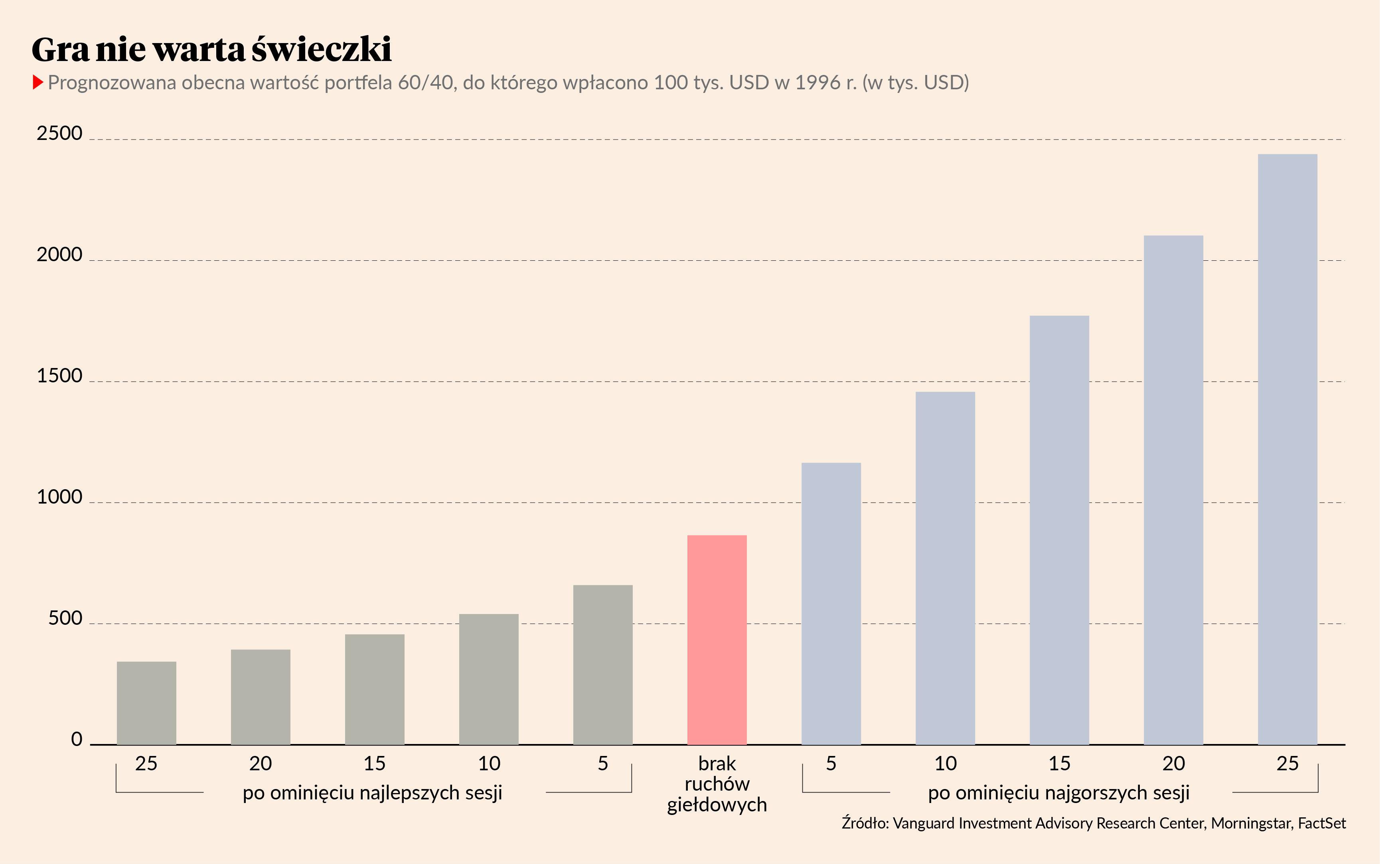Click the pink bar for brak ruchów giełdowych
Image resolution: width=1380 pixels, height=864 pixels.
[717, 640]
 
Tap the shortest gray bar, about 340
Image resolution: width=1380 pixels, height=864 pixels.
[146, 703]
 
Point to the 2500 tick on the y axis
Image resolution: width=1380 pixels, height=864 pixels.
[59, 133]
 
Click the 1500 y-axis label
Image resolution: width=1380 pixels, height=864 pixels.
[59, 376]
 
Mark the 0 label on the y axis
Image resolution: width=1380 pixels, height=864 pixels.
[77, 740]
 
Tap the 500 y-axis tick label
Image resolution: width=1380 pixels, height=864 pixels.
[65, 618]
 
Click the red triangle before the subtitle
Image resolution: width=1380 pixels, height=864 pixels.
[38, 82]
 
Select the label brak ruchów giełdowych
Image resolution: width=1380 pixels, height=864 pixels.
[717, 784]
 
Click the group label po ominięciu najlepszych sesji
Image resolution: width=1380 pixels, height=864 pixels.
[373, 793]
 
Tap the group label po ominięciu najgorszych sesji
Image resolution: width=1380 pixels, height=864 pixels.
[1059, 793]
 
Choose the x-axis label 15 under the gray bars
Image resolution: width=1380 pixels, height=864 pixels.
[375, 764]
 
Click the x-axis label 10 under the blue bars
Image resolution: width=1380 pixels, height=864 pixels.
[946, 764]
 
